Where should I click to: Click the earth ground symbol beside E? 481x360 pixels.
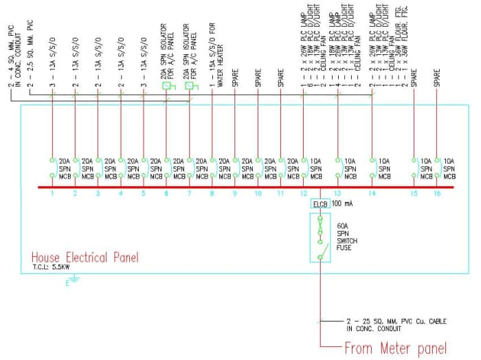pyautogui.click(x=74, y=280)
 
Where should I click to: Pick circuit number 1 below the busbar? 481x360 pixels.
pyautogui.click(x=52, y=194)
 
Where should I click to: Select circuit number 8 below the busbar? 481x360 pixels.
pyautogui.click(x=212, y=194)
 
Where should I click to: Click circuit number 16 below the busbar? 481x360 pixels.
pyautogui.click(x=436, y=194)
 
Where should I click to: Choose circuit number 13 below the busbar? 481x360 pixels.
pyautogui.click(x=337, y=194)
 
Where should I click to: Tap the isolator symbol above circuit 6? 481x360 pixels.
pyautogui.click(x=167, y=87)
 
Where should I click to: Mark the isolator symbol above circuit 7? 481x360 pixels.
pyautogui.click(x=190, y=87)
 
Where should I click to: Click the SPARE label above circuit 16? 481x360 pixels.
pyautogui.click(x=436, y=78)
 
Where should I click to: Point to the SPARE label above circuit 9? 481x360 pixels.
pyautogui.click(x=234, y=78)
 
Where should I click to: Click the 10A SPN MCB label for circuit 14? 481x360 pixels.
pyautogui.click(x=385, y=168)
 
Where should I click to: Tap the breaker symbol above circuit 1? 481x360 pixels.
pyautogui.click(x=52, y=168)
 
